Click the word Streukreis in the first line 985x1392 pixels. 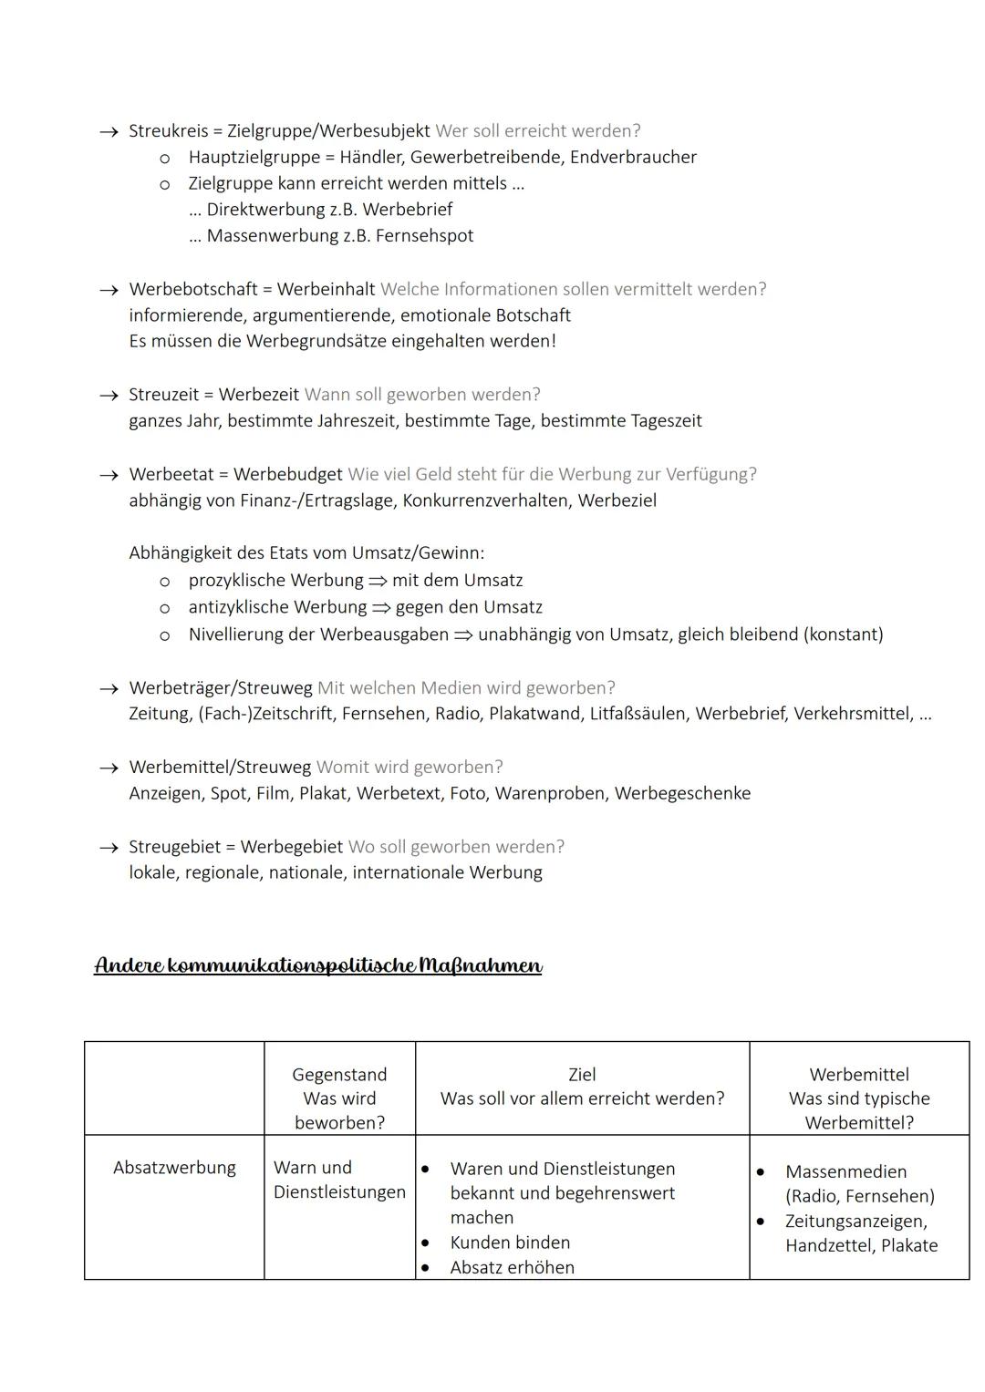[168, 130]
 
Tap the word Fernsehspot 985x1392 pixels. [424, 235]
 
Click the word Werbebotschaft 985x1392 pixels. [192, 289]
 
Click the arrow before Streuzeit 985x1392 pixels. [109, 396]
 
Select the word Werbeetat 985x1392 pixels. [170, 474]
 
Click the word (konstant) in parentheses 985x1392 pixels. [843, 634]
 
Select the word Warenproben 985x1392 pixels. [551, 793]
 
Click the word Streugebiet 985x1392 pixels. [174, 847]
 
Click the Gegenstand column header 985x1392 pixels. [339, 1075]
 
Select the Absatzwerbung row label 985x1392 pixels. [174, 1168]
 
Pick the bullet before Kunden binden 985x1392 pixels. [425, 1242]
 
